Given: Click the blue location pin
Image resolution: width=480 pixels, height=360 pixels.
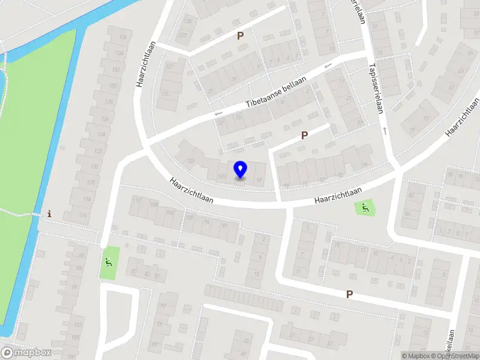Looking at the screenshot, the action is (240, 169).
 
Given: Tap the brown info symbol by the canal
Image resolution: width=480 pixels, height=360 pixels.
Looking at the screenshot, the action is (49, 214).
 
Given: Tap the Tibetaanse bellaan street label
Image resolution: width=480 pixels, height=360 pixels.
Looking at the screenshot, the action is (276, 92).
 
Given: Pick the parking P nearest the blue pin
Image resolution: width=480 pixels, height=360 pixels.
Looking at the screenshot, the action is (304, 136).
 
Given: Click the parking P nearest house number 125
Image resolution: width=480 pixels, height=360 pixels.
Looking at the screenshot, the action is (240, 35).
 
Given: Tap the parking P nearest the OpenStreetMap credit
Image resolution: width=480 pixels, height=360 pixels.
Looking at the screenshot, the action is (349, 294).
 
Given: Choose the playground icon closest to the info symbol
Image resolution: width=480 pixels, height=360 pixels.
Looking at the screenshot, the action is (109, 262).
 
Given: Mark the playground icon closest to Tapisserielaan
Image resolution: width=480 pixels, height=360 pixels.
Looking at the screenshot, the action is (364, 208).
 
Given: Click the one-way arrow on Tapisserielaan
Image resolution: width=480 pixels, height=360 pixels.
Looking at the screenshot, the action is (384, 130).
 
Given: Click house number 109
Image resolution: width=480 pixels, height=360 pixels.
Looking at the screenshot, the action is (191, 161).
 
